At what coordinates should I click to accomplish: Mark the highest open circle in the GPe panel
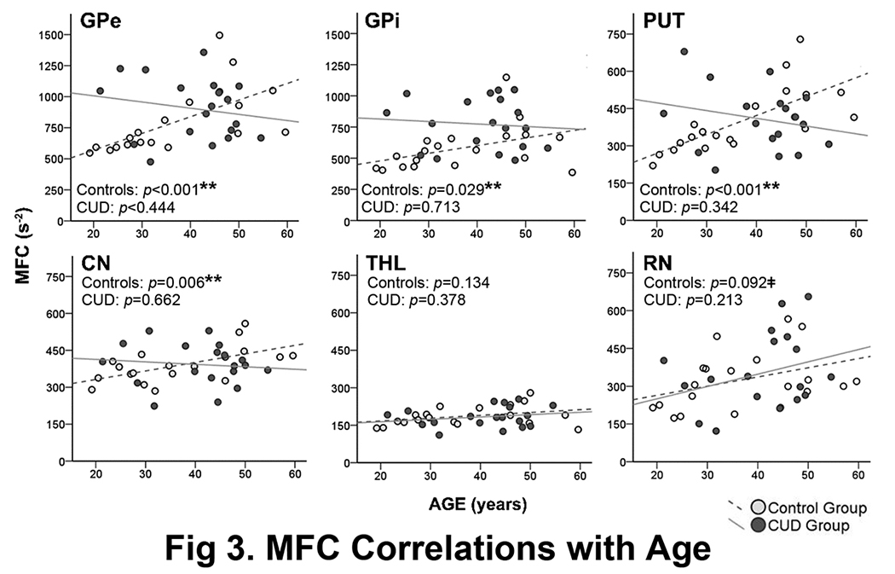pyautogui.click(x=219, y=35)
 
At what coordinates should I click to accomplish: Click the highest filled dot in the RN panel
pyautogui.click(x=808, y=297)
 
